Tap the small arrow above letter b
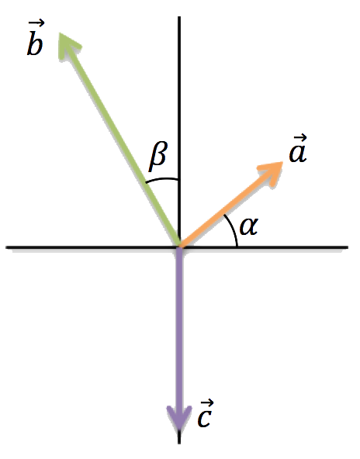point(36,22)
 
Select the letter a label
point(298,153)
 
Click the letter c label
point(204,417)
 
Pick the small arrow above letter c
point(207,403)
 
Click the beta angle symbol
point(158,157)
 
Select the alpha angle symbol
point(249,226)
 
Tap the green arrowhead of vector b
point(69,46)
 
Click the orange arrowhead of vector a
point(271,173)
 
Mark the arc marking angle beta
point(161,179)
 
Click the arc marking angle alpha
point(234,229)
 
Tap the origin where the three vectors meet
point(179,247)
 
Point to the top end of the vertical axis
point(179,17)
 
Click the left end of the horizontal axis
point(6,247)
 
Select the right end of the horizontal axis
point(348,247)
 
